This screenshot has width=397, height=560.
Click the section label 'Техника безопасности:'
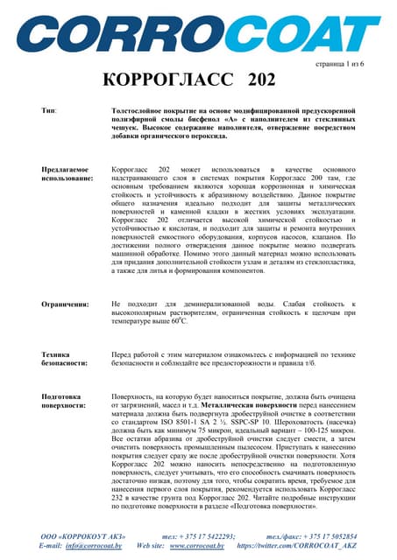click(x=64, y=359)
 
